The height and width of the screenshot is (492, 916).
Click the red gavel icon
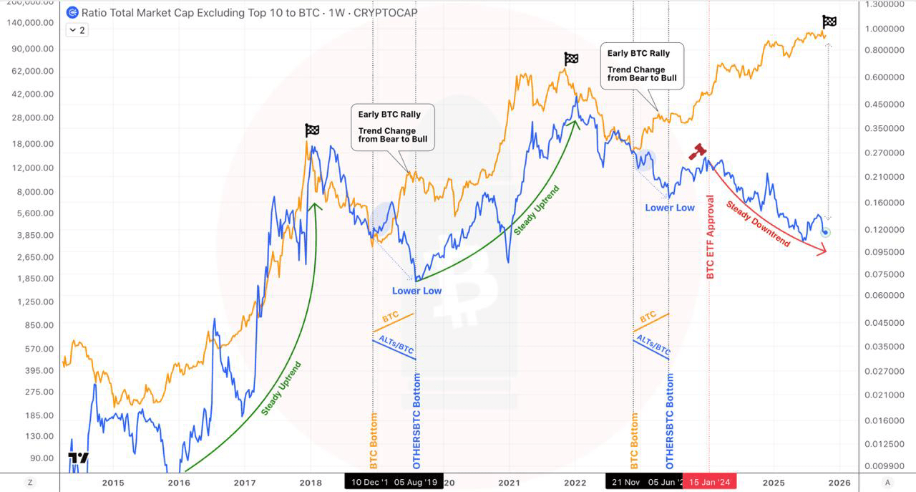pos(698,151)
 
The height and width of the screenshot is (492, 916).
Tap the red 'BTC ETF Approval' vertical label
pos(711,237)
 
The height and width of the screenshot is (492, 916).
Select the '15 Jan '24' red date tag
pos(708,482)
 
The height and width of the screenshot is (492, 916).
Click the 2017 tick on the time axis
pos(245,482)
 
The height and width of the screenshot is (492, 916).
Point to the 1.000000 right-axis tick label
pos(885,29)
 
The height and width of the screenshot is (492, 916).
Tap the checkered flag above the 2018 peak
pos(312,130)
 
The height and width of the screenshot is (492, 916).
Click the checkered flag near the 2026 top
pos(829,22)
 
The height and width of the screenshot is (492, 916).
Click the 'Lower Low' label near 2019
pos(416,291)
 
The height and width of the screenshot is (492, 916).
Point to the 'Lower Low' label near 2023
pos(670,208)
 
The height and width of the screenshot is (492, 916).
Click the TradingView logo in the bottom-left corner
pos(79,458)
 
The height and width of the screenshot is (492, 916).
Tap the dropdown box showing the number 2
pos(77,30)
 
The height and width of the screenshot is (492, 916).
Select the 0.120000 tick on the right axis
pos(885,229)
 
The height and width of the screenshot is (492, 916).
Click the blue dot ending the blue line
pos(826,231)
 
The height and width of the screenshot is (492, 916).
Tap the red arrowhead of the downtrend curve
pos(823,250)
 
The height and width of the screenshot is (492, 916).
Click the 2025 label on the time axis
pos(773,482)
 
